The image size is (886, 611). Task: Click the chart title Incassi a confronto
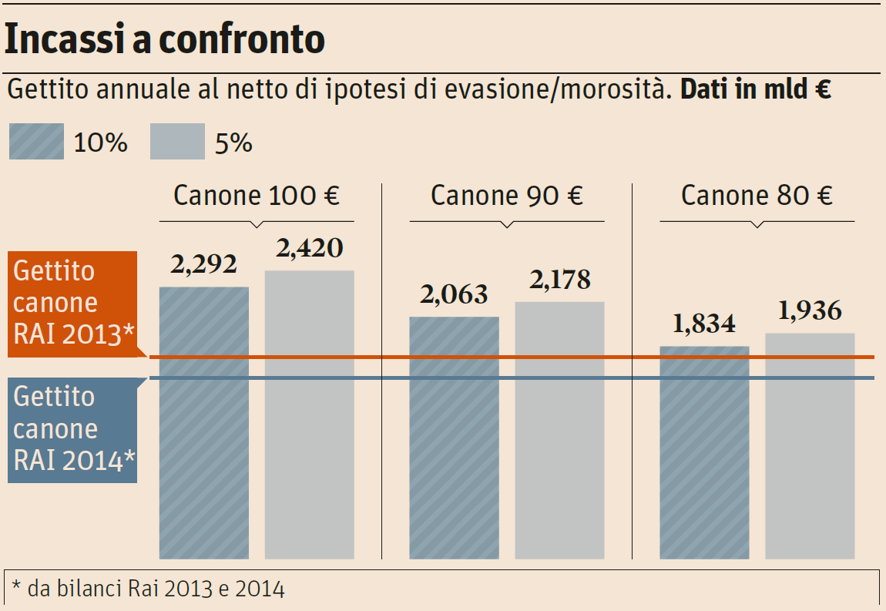tap(164, 39)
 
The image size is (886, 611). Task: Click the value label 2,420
tap(310, 248)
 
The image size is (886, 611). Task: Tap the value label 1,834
tap(704, 324)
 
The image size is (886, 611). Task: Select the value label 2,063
tap(454, 294)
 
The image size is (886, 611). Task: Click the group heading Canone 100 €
tap(257, 196)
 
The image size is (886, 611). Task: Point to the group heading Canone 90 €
tap(507, 196)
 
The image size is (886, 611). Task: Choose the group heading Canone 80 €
tap(757, 196)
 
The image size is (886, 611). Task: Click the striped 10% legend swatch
tap(36, 142)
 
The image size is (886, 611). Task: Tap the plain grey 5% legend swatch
tap(177, 142)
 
